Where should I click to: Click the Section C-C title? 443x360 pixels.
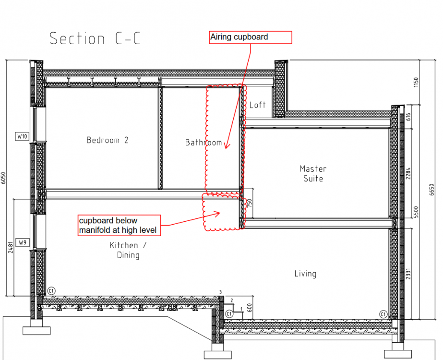(95, 38)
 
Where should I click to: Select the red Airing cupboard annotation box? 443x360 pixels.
(251, 37)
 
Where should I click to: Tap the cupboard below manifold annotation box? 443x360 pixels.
(119, 225)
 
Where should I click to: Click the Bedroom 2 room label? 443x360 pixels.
(108, 140)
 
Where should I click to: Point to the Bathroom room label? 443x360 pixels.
(204, 142)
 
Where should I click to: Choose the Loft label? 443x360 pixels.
(257, 105)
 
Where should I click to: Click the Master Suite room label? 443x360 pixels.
(313, 173)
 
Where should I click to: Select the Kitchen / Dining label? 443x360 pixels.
(128, 250)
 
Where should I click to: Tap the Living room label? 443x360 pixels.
(305, 274)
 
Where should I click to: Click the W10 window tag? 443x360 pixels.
(22, 136)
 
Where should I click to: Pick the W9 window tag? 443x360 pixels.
(23, 242)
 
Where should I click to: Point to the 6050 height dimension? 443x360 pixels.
(3, 178)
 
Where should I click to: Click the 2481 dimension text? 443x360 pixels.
(11, 247)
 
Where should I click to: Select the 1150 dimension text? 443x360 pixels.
(416, 82)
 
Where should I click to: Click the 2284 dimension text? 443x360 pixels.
(408, 173)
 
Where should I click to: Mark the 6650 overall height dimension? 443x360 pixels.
(431, 190)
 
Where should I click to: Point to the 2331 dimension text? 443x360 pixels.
(408, 274)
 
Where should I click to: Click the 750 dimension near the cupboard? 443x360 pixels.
(249, 204)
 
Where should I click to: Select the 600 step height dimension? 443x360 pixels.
(250, 308)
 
